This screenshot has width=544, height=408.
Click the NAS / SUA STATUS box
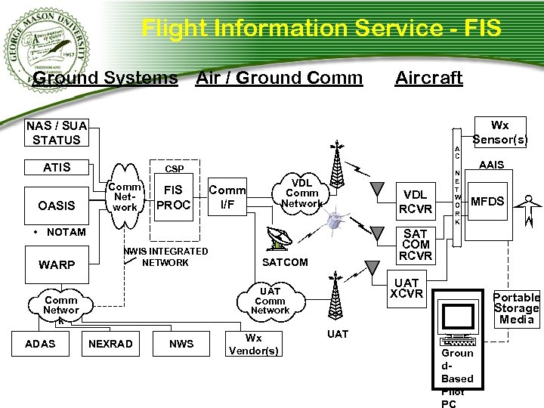coord(57,132)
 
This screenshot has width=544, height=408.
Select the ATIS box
coord(57,168)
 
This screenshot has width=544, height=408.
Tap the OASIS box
coord(57,206)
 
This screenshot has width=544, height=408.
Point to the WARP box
coord(57,265)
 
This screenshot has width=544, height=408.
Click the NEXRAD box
coord(110,344)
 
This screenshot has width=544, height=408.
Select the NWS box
coord(181,344)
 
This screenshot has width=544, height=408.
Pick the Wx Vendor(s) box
coord(253,344)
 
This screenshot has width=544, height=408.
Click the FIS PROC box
coord(174,198)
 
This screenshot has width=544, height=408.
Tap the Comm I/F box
coord(227,198)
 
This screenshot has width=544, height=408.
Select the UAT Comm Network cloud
coord(270,300)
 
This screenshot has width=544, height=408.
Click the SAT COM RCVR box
coord(416,245)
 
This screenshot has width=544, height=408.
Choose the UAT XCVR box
coord(406,288)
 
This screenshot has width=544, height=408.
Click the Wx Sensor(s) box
coord(499,132)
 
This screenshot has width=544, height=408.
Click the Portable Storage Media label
coord(517,308)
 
